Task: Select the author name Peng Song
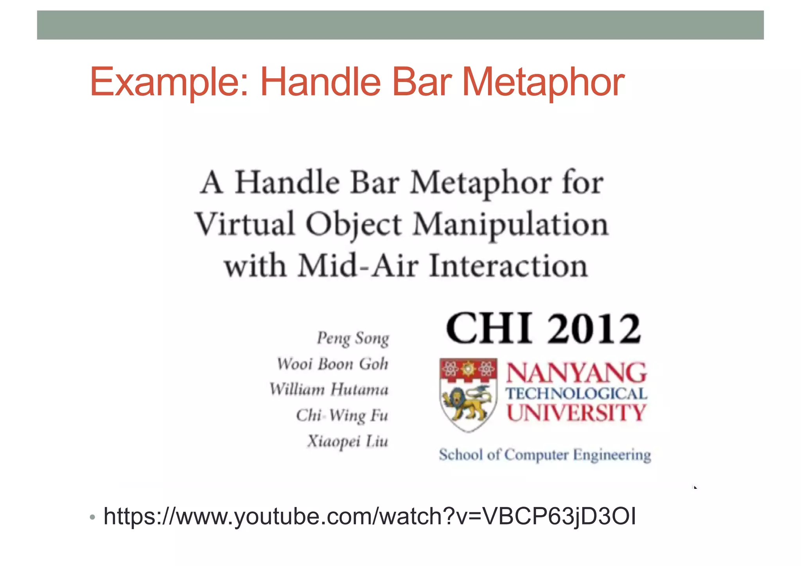point(353,338)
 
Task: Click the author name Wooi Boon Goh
point(332,364)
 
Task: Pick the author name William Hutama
point(329,390)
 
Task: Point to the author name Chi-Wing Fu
point(342,415)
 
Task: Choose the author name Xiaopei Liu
point(347,441)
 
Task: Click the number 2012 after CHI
point(593,329)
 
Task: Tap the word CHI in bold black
point(489,329)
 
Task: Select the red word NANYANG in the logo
point(577,373)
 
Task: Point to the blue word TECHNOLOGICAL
point(577,394)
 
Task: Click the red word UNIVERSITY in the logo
point(577,413)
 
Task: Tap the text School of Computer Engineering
point(545,455)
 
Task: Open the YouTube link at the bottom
point(370,516)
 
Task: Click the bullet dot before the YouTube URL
point(92,517)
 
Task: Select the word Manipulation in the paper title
point(511,225)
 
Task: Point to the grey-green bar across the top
point(400,25)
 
